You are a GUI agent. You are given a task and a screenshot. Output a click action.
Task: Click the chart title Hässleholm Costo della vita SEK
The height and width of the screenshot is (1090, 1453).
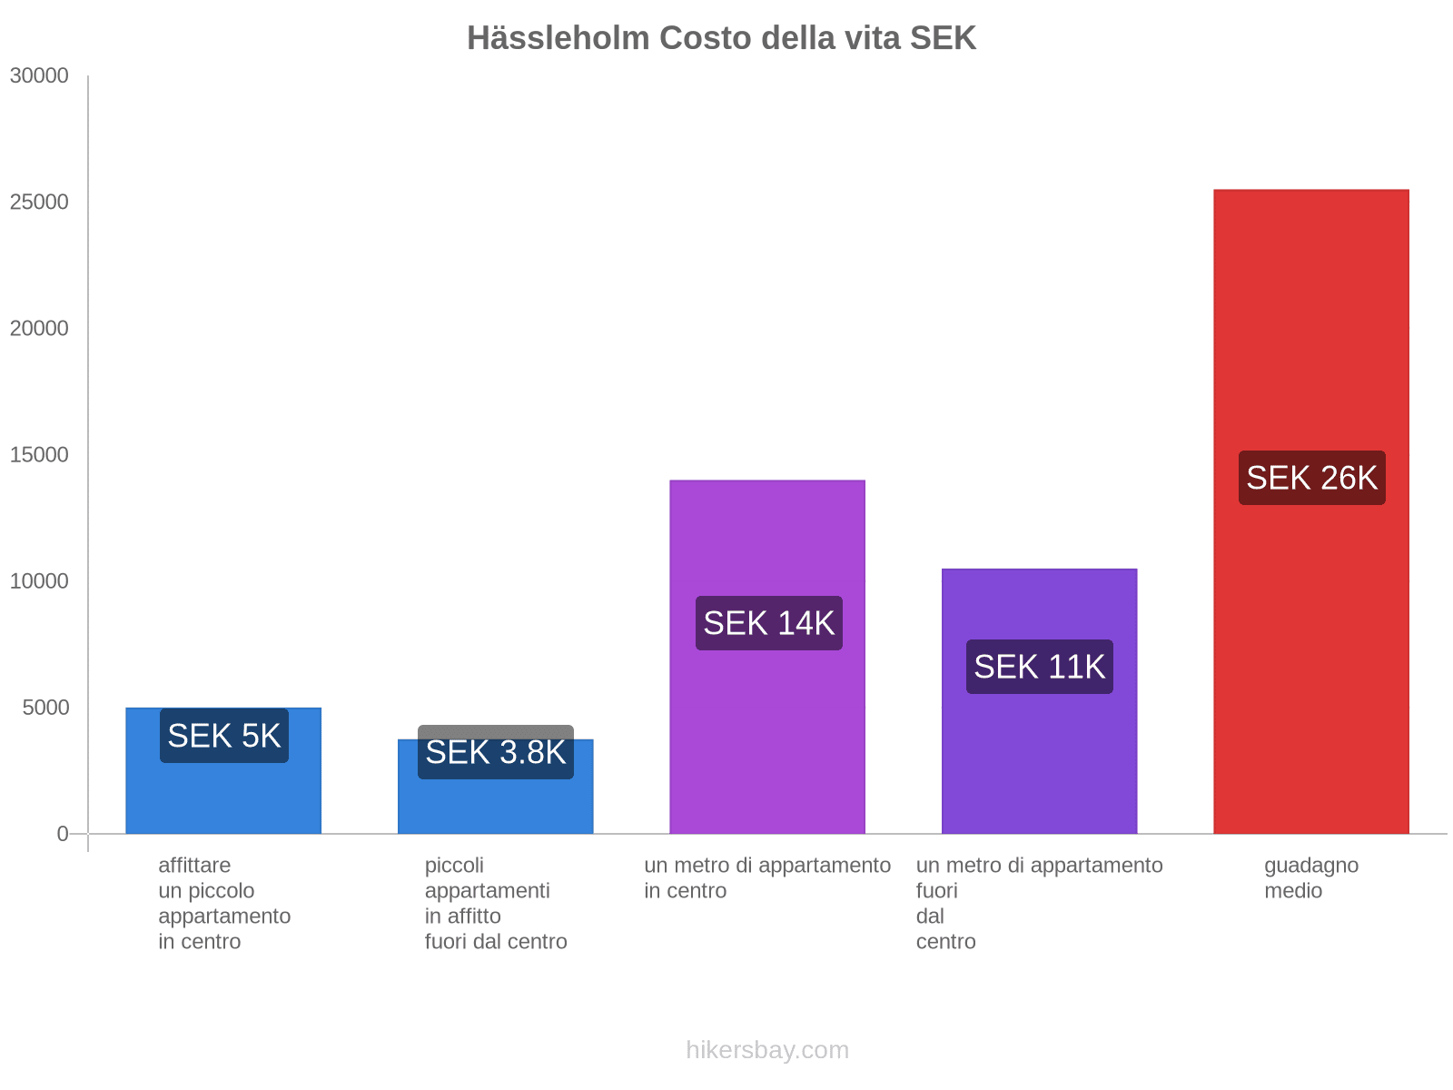pyautogui.click(x=721, y=38)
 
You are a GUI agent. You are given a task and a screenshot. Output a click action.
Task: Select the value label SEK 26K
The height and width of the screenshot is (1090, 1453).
pyautogui.click(x=1311, y=478)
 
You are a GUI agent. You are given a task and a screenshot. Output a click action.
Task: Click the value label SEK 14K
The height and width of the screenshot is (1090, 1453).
pyautogui.click(x=768, y=623)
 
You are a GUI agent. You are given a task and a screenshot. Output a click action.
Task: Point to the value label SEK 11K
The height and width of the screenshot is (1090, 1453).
pyautogui.click(x=1039, y=667)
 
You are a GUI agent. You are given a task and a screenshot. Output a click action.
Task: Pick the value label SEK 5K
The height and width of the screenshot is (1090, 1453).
pyautogui.click(x=223, y=736)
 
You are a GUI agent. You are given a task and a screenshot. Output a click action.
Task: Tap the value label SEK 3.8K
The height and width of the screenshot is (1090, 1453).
pyautogui.click(x=495, y=752)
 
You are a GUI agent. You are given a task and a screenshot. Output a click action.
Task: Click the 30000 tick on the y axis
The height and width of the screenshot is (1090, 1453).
pyautogui.click(x=40, y=76)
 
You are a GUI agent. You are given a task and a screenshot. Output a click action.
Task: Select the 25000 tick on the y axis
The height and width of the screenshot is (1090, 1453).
pyautogui.click(x=40, y=203)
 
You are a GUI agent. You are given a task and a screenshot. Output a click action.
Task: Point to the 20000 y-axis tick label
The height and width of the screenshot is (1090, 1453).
pyautogui.click(x=40, y=329)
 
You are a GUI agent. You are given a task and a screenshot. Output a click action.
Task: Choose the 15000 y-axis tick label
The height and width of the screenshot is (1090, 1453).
pyautogui.click(x=40, y=455)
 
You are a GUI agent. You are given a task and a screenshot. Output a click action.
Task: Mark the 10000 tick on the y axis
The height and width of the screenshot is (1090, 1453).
pyautogui.click(x=40, y=581)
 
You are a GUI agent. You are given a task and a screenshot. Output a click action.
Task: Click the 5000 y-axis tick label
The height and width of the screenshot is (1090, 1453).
pyautogui.click(x=45, y=708)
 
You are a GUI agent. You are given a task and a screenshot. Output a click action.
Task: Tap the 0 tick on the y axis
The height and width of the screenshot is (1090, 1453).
pyautogui.click(x=63, y=834)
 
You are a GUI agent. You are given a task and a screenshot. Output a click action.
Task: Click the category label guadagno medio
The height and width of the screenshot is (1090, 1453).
pyautogui.click(x=1310, y=877)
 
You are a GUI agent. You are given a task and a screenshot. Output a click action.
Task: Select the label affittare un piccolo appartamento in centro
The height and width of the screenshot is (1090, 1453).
pyautogui.click(x=223, y=903)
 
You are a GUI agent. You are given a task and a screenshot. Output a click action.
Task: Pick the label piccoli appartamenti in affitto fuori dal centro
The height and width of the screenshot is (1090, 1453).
pyautogui.click(x=495, y=903)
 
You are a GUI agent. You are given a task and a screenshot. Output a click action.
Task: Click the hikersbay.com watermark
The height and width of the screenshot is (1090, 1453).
pyautogui.click(x=767, y=1050)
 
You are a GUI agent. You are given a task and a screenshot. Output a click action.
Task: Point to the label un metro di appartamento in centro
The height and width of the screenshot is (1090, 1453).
pyautogui.click(x=767, y=877)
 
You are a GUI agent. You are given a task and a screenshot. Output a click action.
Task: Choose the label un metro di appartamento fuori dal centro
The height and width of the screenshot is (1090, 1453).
pyautogui.click(x=1039, y=903)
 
